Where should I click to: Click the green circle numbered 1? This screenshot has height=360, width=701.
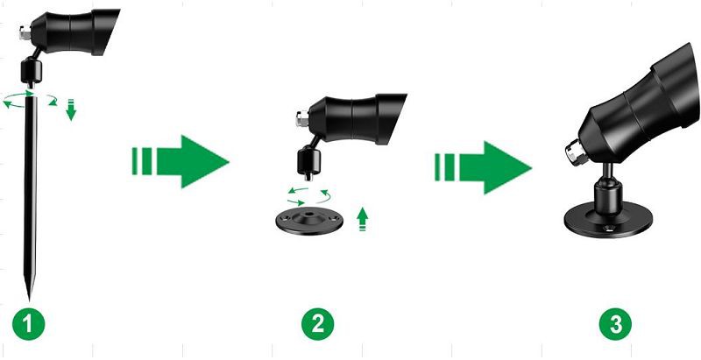pos(28,323)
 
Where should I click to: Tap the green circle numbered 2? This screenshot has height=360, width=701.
pos(317,323)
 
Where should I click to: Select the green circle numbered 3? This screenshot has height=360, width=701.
pos(616,323)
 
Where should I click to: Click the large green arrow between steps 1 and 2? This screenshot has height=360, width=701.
pos(181,161)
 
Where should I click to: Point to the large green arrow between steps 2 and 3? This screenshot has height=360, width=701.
pos(484,167)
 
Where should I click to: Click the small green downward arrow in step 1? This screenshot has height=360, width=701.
pos(71,109)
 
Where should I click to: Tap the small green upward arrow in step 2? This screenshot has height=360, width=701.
pos(363,219)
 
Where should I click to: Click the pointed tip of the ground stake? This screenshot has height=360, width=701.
pos(30,300)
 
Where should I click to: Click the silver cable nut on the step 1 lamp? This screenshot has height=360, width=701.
pos(25,33)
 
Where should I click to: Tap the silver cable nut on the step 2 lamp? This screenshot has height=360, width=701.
pos(301,118)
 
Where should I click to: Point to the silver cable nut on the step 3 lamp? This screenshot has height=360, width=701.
pos(575,151)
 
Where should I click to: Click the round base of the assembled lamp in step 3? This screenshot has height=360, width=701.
pos(608,220)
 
